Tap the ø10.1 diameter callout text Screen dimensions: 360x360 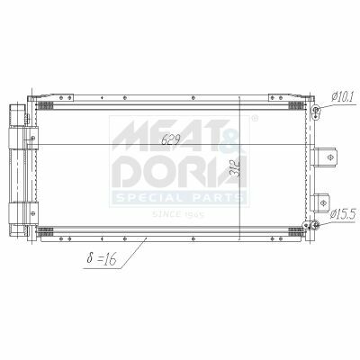coord(343,96)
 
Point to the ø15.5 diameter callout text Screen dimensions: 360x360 coord(343,214)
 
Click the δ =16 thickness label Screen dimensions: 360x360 coord(101,258)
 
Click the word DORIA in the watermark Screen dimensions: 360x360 coord(179,170)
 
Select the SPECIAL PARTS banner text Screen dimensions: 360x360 coord(179,198)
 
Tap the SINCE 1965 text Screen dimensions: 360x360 coord(178,214)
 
